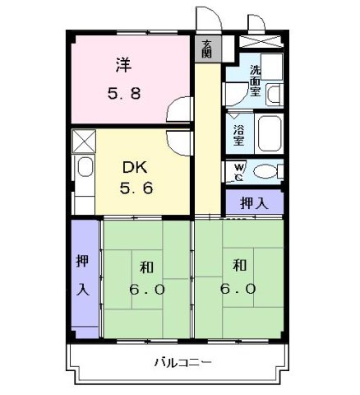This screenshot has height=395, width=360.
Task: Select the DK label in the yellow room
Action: click(133, 166)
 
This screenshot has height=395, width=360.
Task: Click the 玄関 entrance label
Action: click(206, 49)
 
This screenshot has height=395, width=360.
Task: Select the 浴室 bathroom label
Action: click(238, 134)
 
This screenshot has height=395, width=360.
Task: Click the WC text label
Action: click(238, 172)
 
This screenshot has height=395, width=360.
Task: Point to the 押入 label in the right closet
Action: click(253, 202)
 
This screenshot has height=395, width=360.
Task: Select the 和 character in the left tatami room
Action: click(145, 267)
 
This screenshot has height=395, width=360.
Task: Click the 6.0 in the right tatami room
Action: click(238, 289)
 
